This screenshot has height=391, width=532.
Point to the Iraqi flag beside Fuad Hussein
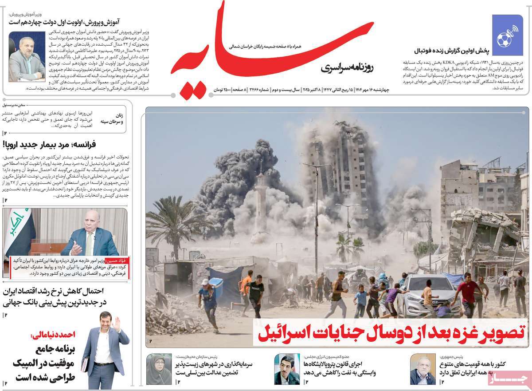click(x=18, y=229)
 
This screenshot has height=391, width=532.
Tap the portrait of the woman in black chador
click(x=159, y=369)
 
